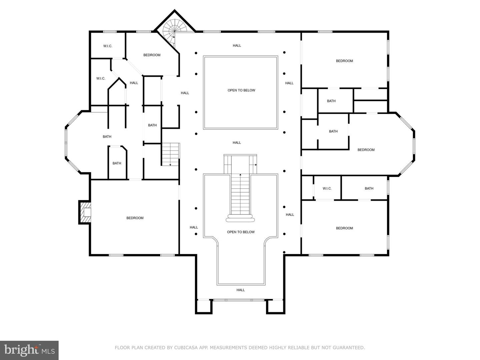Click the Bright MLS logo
pos(29,350)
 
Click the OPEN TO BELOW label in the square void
pos(241,90)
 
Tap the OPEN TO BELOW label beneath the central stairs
pos(241,232)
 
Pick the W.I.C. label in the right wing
pos(327,189)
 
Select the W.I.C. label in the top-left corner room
pos(108,46)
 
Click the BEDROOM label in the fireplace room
pos(135,218)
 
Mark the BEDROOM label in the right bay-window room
pos(366,150)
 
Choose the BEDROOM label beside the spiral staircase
pos(152,55)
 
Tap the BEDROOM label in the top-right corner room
pos(344,61)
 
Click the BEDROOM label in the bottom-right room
pos(344,228)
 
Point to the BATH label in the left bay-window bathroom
pos(107,137)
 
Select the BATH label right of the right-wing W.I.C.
pos(369,189)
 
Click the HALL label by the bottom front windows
pos(241,290)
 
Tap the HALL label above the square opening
pos(237,46)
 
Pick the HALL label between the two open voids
pos(237,143)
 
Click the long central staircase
pos(240,195)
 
